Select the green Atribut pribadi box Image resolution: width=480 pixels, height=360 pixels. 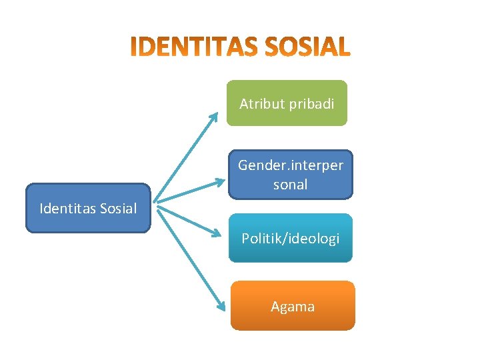pyautogui.click(x=287, y=103)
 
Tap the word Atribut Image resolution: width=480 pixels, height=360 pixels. pyautogui.click(x=260, y=104)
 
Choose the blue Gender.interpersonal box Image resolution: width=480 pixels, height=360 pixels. pyautogui.click(x=291, y=175)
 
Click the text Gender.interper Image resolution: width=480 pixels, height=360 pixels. pyautogui.click(x=291, y=165)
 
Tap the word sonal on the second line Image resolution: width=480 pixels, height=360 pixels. pyautogui.click(x=291, y=185)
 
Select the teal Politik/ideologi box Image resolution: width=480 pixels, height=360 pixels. pyautogui.click(x=291, y=238)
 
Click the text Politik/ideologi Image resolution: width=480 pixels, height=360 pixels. pyautogui.click(x=291, y=238)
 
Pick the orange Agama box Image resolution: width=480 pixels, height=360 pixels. pyautogui.click(x=293, y=306)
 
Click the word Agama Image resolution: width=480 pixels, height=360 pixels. pyautogui.click(x=293, y=307)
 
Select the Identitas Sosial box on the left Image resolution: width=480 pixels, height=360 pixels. pyautogui.click(x=88, y=208)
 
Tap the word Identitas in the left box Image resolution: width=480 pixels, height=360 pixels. pyautogui.click(x=68, y=209)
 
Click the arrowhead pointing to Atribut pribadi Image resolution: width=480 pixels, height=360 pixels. pyautogui.click(x=214, y=116)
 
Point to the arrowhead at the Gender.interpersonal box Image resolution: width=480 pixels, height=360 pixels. pyautogui.click(x=221, y=181)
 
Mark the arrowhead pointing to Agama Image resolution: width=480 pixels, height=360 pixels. pyautogui.click(x=221, y=307)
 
